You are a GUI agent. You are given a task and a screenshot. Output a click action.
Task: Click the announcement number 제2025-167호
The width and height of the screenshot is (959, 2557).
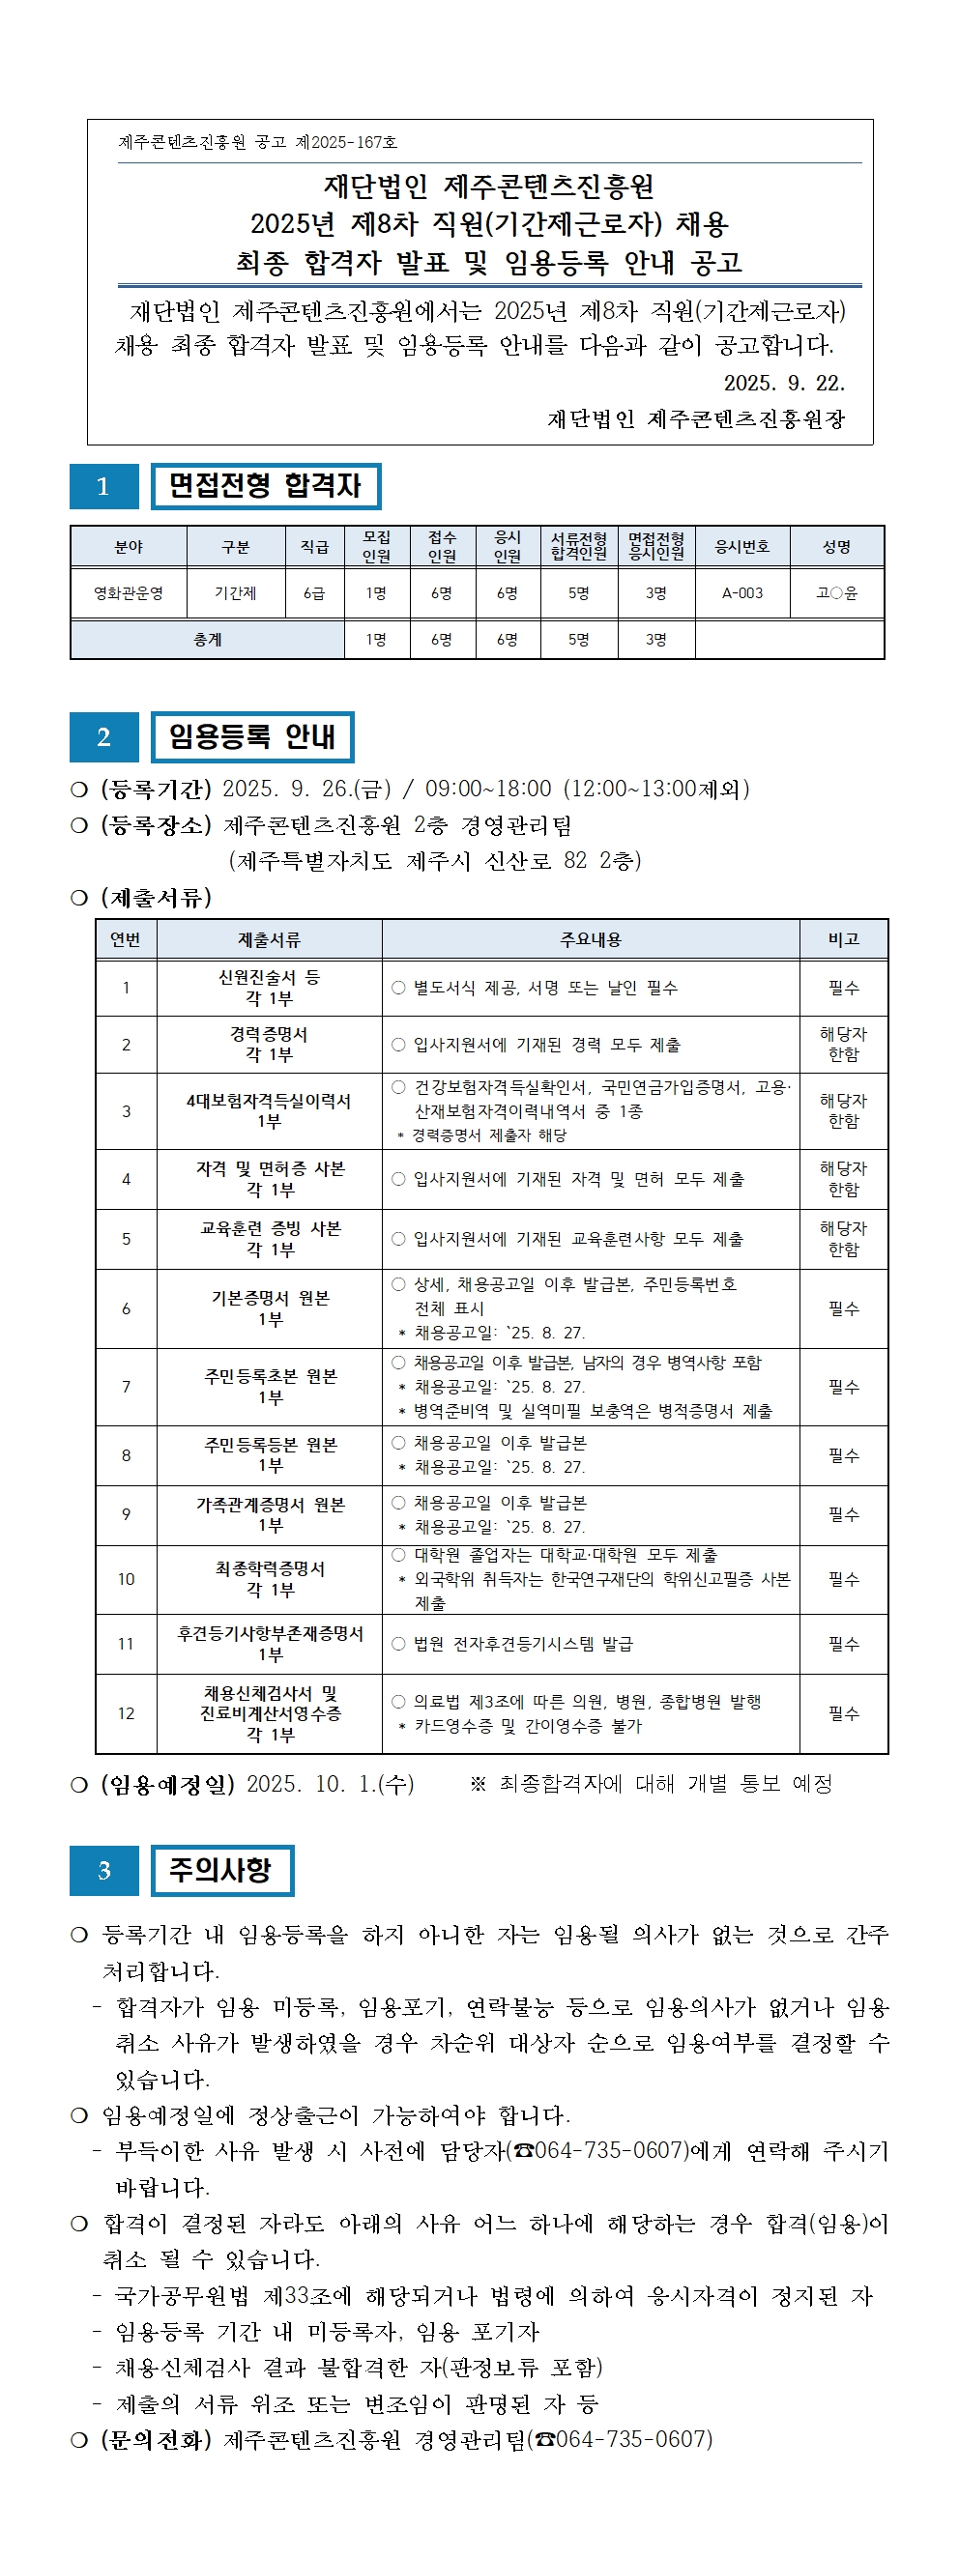coord(346,142)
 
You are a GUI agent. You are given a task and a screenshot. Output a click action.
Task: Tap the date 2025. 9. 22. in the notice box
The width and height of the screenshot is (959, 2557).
coord(783,383)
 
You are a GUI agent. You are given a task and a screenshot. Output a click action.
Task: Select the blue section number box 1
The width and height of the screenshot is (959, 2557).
coord(103,486)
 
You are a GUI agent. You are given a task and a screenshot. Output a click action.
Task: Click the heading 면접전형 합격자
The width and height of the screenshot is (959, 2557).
coord(265,486)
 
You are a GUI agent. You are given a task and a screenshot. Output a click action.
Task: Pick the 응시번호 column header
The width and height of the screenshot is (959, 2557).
coord(741,547)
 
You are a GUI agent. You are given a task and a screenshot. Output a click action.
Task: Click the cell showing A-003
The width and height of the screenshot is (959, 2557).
coord(741,593)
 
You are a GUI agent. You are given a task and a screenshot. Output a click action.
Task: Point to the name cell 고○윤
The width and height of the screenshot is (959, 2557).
coord(836,593)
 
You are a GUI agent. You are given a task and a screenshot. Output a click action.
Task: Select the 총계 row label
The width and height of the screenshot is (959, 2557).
coord(208,641)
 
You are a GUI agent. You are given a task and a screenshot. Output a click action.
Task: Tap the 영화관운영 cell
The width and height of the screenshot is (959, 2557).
coord(128,593)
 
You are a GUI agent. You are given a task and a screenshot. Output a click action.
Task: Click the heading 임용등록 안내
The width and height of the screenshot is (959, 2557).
coord(252,736)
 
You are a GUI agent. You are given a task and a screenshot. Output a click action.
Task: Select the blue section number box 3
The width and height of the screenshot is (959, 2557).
coord(103,1871)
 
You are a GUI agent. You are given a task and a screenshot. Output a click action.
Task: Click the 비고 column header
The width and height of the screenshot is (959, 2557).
coord(843,939)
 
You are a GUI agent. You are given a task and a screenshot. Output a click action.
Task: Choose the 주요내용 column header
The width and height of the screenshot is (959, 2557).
coord(591,939)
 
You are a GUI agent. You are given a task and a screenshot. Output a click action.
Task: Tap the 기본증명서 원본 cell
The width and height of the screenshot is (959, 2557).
coord(270,1308)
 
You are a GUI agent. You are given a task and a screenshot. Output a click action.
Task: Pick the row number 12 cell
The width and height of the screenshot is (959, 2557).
coord(126,1713)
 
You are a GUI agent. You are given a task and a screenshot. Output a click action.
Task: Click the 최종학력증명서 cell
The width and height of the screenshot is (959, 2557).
coord(270,1578)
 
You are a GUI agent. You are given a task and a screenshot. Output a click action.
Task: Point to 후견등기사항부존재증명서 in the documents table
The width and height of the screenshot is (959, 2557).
coord(270,1644)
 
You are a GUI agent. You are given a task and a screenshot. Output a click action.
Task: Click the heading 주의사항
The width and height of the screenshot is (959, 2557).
coord(221,1871)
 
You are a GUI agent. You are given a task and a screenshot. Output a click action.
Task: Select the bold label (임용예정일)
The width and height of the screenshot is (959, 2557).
coord(167,1784)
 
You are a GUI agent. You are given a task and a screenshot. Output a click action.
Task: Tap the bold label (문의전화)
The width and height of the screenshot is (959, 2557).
coord(156,2439)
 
